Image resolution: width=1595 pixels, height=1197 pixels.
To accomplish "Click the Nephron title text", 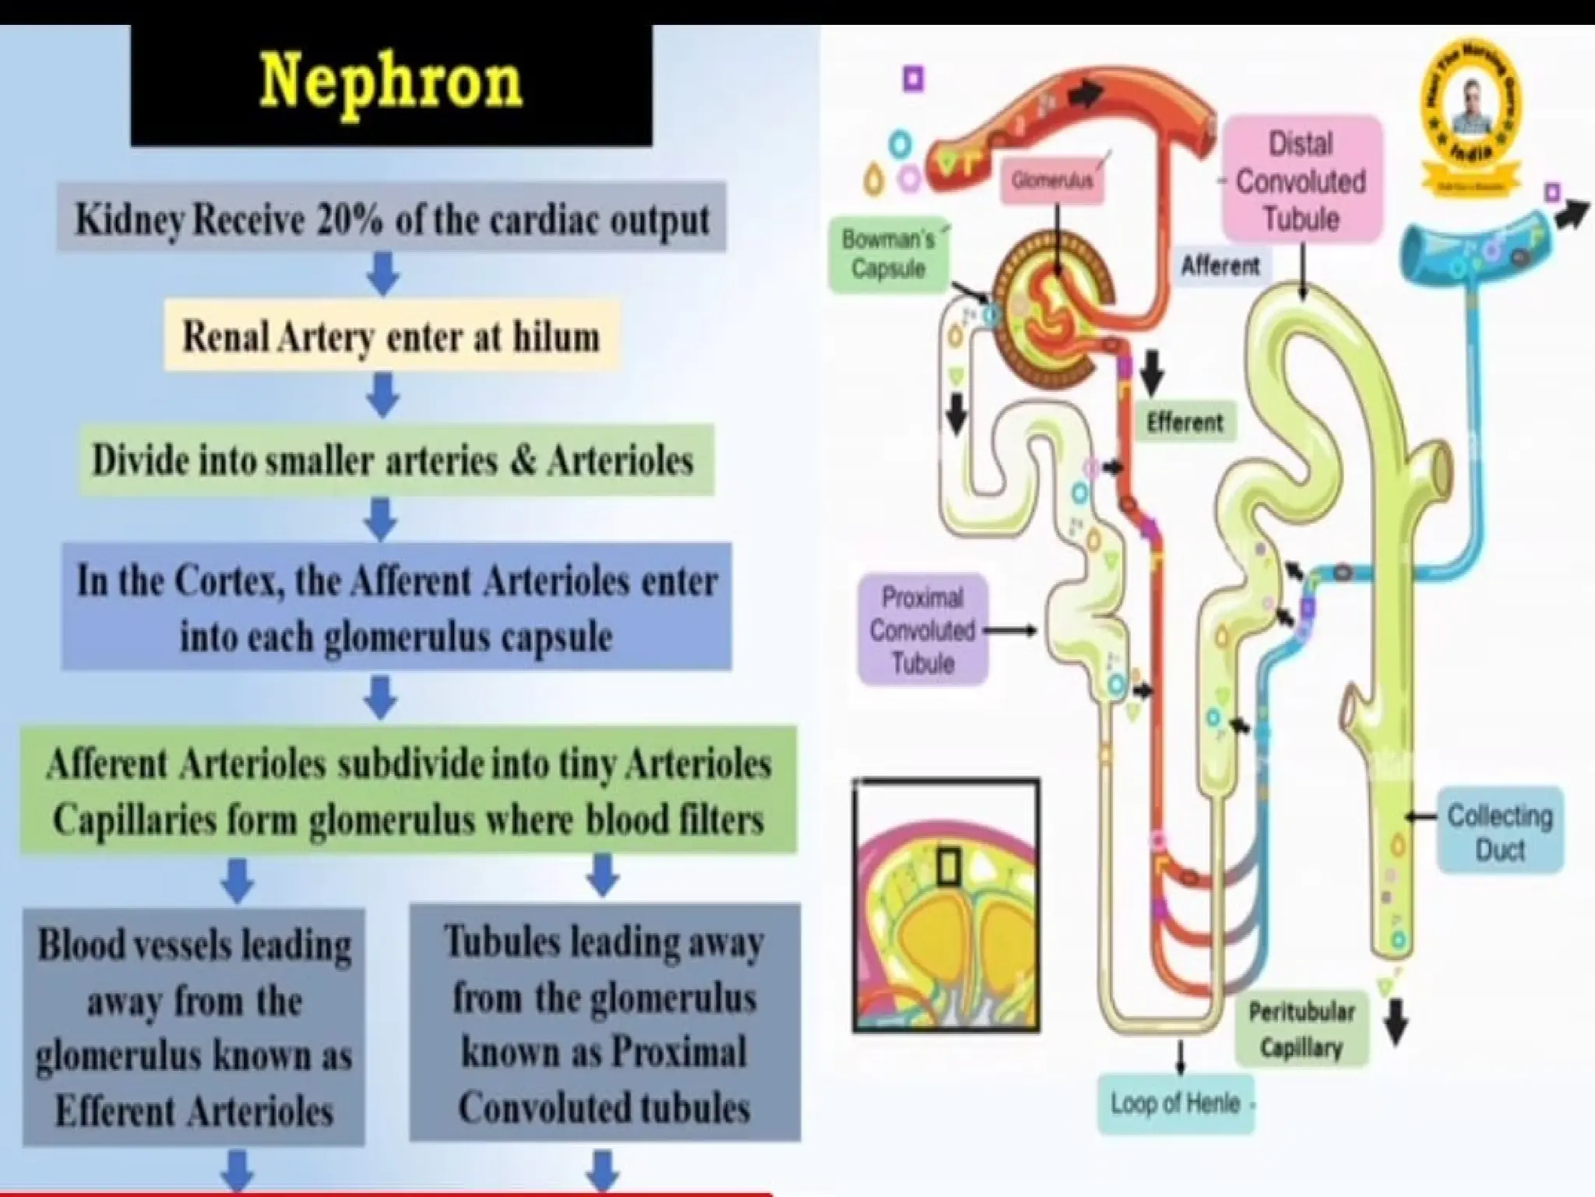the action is click(x=390, y=83).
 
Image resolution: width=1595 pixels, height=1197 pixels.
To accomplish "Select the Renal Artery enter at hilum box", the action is click(x=391, y=337).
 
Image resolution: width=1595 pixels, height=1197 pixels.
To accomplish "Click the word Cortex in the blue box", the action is click(x=227, y=581).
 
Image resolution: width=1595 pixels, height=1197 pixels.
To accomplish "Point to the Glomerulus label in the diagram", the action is click(x=1051, y=181).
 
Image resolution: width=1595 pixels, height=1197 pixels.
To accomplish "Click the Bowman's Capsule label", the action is click(x=888, y=254).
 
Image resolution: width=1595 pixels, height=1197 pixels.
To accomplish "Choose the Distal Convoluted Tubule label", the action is click(x=1301, y=181).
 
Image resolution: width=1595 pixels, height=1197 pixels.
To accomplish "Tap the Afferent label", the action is click(x=1220, y=266).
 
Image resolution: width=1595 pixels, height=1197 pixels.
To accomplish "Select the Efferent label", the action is click(x=1185, y=422).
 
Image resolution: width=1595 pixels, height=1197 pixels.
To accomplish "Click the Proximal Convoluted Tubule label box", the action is click(x=922, y=630).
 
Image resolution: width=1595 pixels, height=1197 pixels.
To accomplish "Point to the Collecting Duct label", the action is click(x=1499, y=832).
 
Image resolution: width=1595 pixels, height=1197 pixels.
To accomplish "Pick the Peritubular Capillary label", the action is click(x=1301, y=1029).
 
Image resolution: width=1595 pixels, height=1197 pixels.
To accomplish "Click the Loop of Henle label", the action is click(x=1175, y=1103).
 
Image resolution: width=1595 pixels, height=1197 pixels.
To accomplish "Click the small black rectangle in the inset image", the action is click(x=947, y=867).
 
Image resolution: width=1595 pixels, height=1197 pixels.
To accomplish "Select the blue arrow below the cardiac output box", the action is click(x=382, y=273).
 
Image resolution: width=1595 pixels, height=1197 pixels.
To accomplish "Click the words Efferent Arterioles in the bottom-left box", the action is click(x=194, y=1111).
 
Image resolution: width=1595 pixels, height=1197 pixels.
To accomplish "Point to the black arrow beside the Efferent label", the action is click(x=1152, y=373).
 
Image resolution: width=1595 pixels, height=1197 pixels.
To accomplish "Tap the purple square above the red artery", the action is click(x=913, y=79).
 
